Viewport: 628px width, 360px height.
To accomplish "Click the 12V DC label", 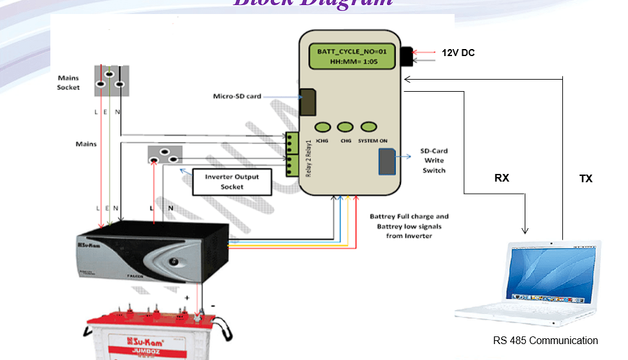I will point(458,53).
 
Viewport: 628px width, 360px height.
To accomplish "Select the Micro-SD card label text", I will point(237,97).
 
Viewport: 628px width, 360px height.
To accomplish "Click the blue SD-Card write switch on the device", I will point(387,161).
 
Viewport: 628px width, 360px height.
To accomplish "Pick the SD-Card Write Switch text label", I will point(434,161).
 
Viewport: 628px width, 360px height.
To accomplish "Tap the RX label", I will point(502,178).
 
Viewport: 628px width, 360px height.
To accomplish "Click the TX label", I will point(586,179).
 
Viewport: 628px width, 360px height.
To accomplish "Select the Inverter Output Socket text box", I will point(232,182).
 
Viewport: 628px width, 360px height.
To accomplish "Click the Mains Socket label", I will point(68,83).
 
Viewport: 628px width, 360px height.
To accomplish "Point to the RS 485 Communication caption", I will point(545,341).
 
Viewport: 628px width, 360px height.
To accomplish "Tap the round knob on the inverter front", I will point(173,261).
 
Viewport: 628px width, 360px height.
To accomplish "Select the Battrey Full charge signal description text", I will point(409,226).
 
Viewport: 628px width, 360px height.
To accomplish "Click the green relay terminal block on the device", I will point(292,155).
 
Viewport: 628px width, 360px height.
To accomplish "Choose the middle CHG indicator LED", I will point(346,127).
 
